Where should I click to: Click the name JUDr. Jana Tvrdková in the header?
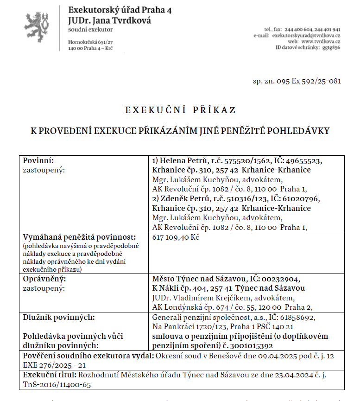tap(109, 20)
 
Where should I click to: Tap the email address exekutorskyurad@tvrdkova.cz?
tap(306, 35)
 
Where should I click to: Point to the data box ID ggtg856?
tap(331, 47)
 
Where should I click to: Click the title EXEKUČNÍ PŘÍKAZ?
tap(180, 110)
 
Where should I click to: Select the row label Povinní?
tap(38, 161)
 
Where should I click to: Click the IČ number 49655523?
tap(301, 161)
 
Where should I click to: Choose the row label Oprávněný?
tap(44, 279)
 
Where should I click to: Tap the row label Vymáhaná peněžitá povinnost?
tap(79, 237)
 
